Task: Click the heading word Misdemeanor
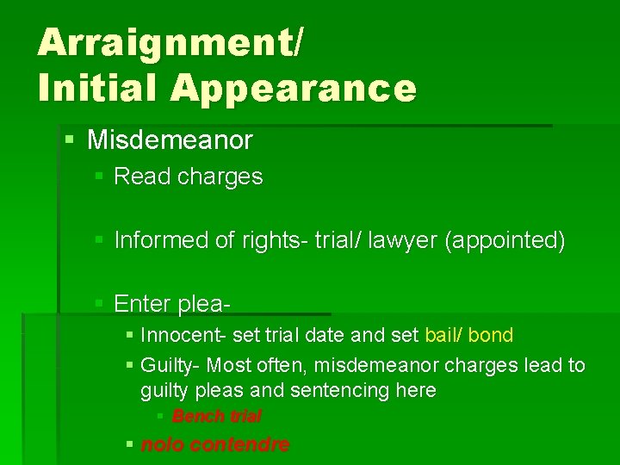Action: (170, 139)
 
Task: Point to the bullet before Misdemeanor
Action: (70, 138)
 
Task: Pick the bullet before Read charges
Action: (99, 177)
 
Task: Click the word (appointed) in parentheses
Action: (505, 240)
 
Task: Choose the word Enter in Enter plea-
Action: (141, 304)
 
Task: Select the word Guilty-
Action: (170, 365)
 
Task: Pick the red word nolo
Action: (161, 445)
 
